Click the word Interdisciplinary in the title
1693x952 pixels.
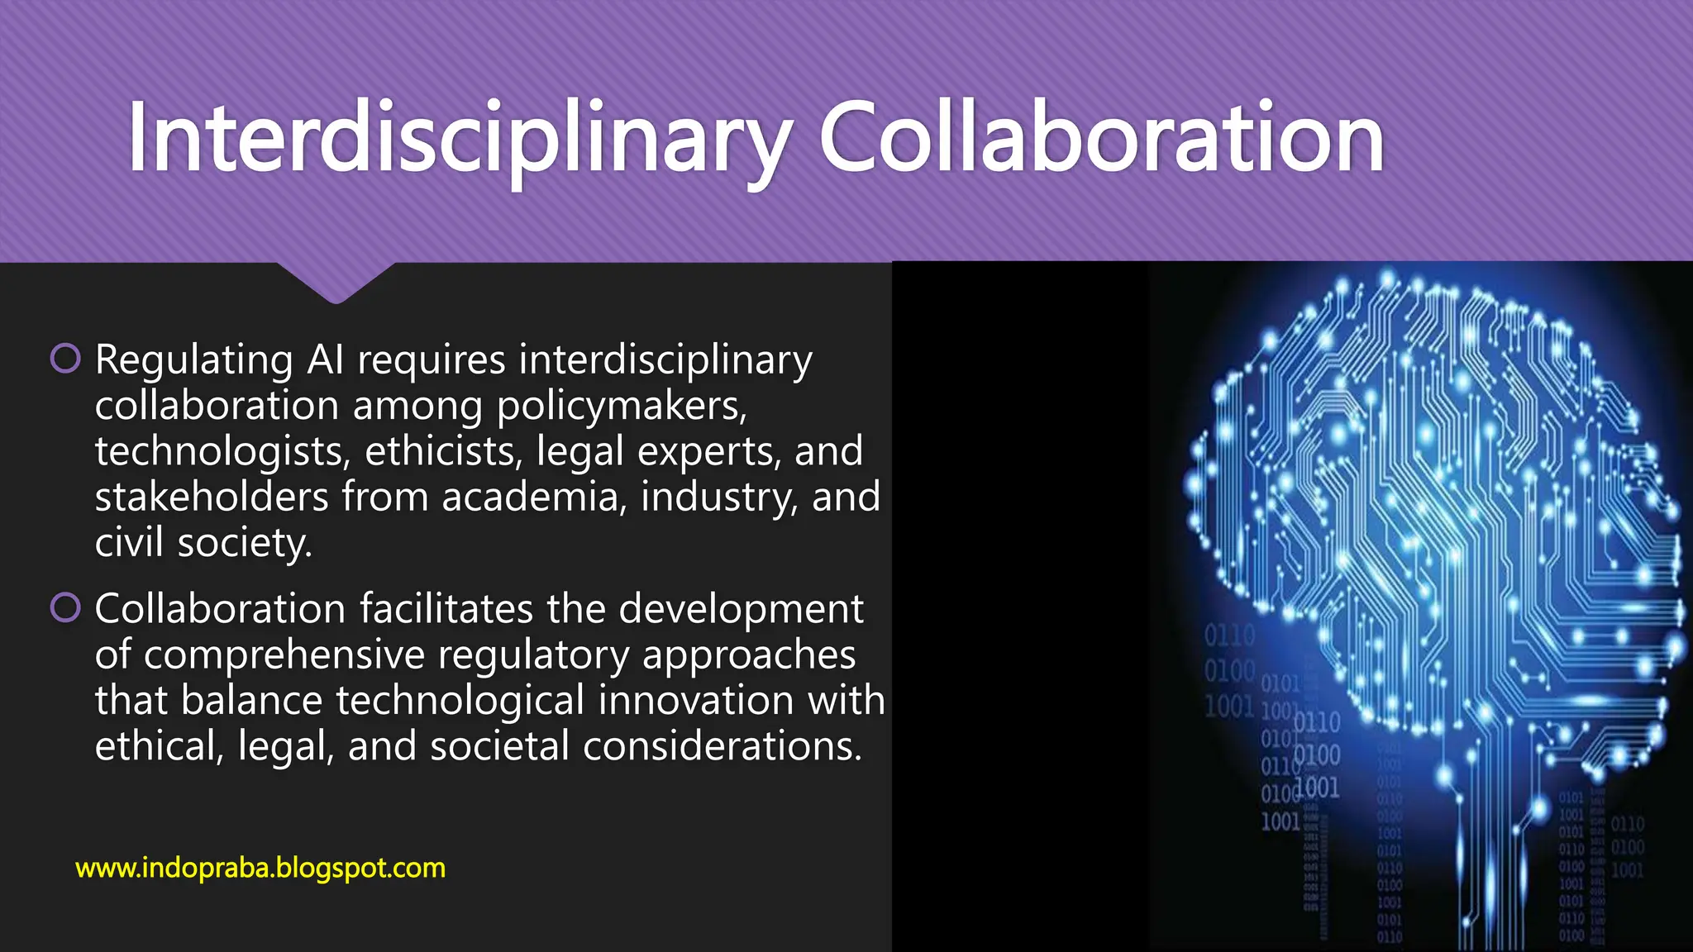460,139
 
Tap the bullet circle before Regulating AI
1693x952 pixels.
65,359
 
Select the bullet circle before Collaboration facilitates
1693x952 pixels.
65,608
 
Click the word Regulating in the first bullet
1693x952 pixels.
193,360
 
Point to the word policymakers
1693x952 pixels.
622,407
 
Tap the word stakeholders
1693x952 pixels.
212,497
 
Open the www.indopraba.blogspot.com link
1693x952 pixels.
260,869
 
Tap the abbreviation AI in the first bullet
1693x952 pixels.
325,360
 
